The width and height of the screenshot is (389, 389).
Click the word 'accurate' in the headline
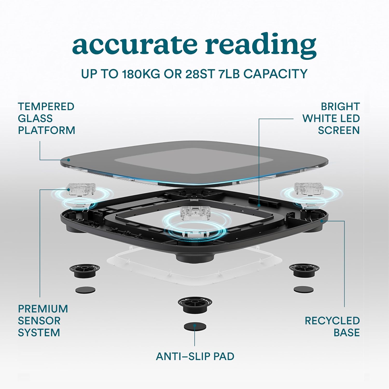[x=135, y=44]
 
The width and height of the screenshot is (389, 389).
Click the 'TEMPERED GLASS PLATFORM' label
[x=46, y=118]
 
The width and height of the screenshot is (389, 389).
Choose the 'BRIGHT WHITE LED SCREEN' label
[x=331, y=118]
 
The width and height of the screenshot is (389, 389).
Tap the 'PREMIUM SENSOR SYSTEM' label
[x=43, y=321]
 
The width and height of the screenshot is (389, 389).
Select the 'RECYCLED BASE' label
[x=332, y=327]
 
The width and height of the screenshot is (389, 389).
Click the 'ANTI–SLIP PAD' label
[x=195, y=356]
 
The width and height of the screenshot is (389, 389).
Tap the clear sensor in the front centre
[x=195, y=213]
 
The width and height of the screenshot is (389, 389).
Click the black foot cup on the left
[x=85, y=271]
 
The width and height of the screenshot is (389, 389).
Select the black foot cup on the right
[x=304, y=270]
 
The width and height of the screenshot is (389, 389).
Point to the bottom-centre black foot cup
[x=195, y=305]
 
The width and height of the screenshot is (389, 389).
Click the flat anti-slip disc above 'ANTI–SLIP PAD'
[x=195, y=327]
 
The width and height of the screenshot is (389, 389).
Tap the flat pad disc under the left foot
[x=85, y=290]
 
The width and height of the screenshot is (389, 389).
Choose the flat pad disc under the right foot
[x=303, y=289]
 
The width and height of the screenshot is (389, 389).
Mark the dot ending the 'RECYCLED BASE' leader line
[x=322, y=221]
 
